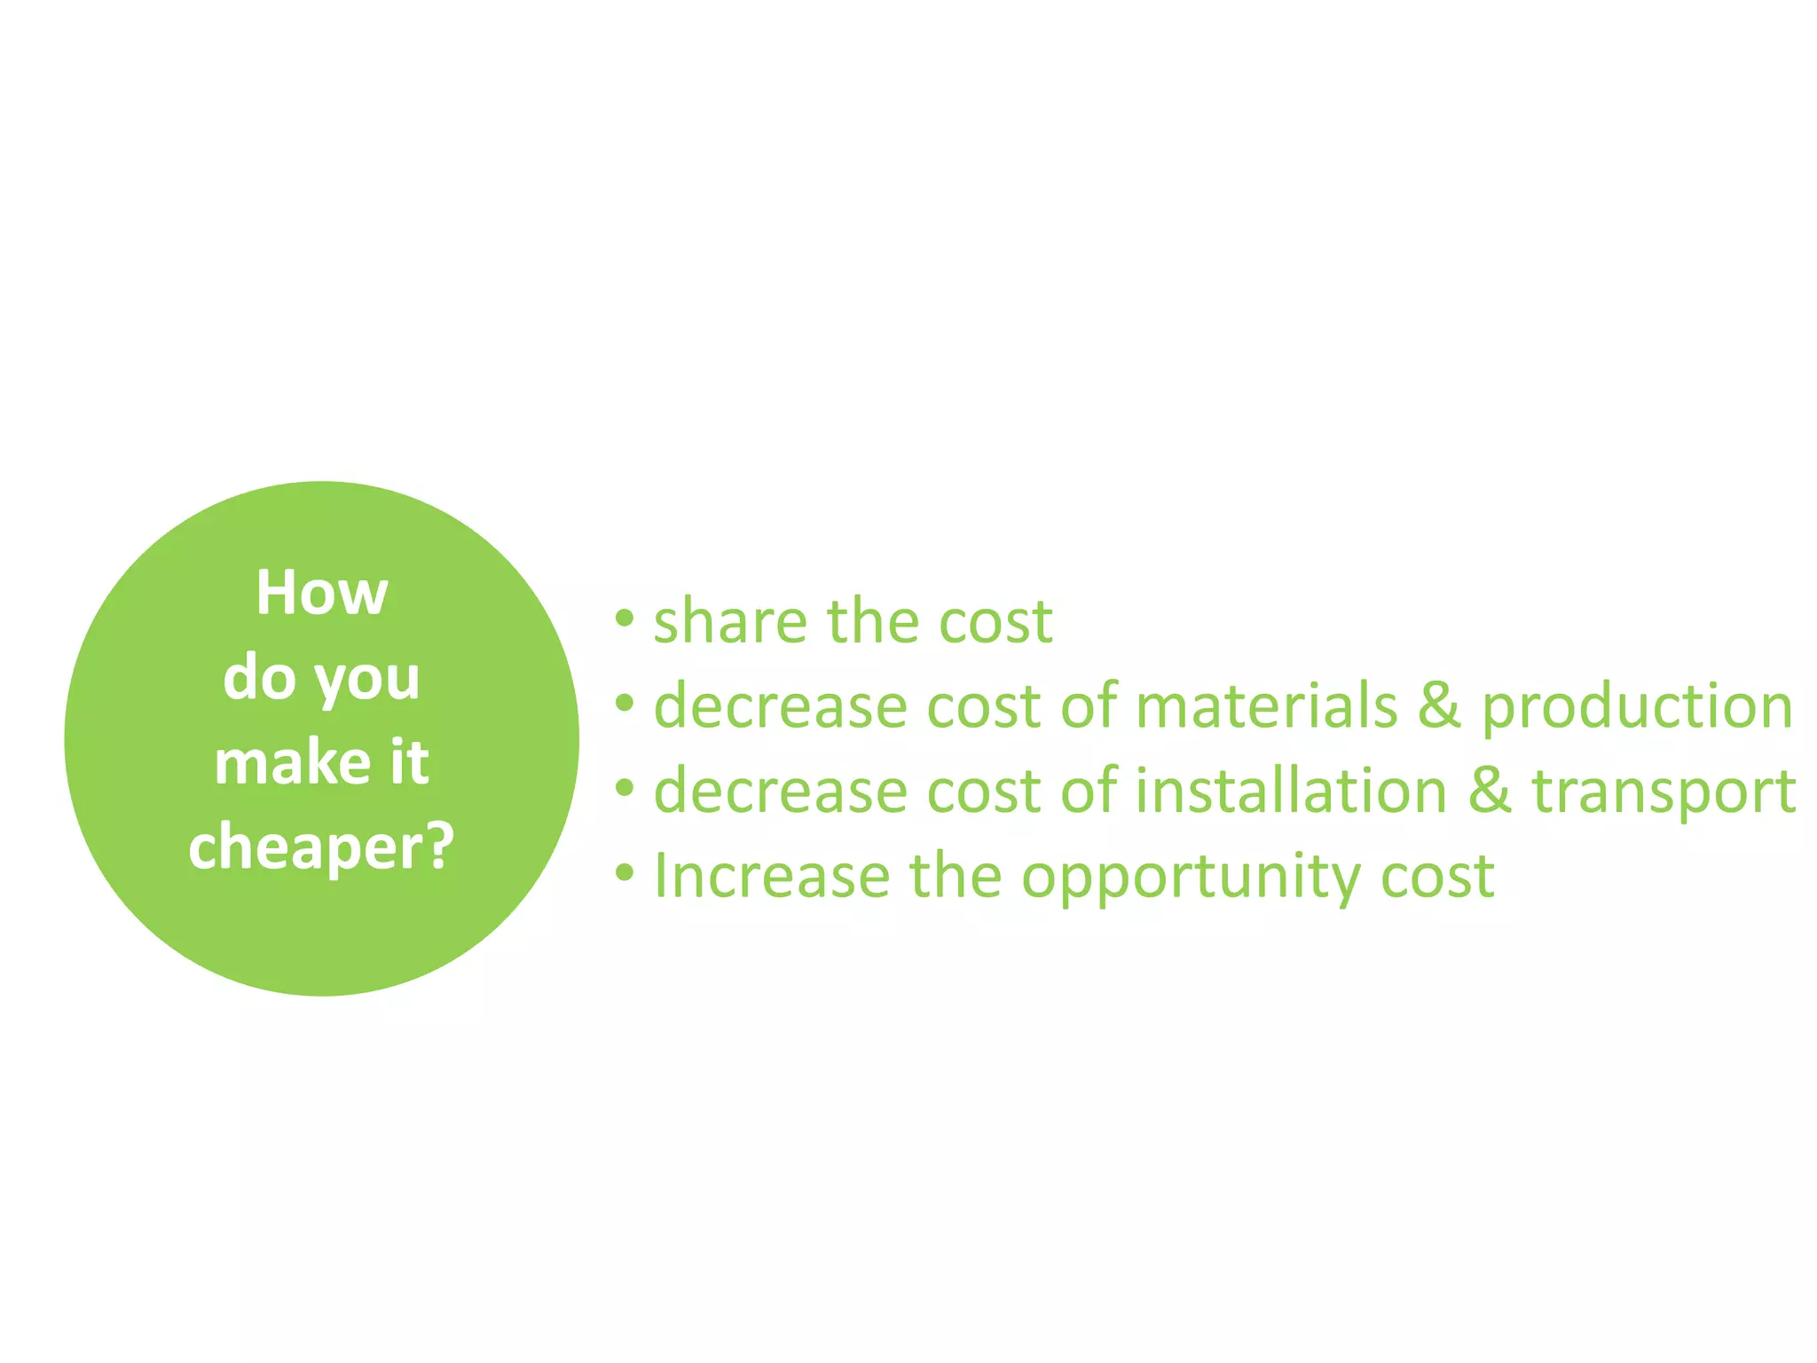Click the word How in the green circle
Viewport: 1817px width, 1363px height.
click(321, 593)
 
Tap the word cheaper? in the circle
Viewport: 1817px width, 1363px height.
click(320, 848)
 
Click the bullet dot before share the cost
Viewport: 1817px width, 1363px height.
click(625, 618)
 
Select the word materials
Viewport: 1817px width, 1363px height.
click(1266, 706)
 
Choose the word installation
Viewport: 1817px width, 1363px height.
click(1291, 791)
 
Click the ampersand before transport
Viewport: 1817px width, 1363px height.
click(1490, 791)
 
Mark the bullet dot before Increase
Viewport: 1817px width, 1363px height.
click(625, 873)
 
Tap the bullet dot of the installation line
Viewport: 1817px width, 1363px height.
click(625, 788)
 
